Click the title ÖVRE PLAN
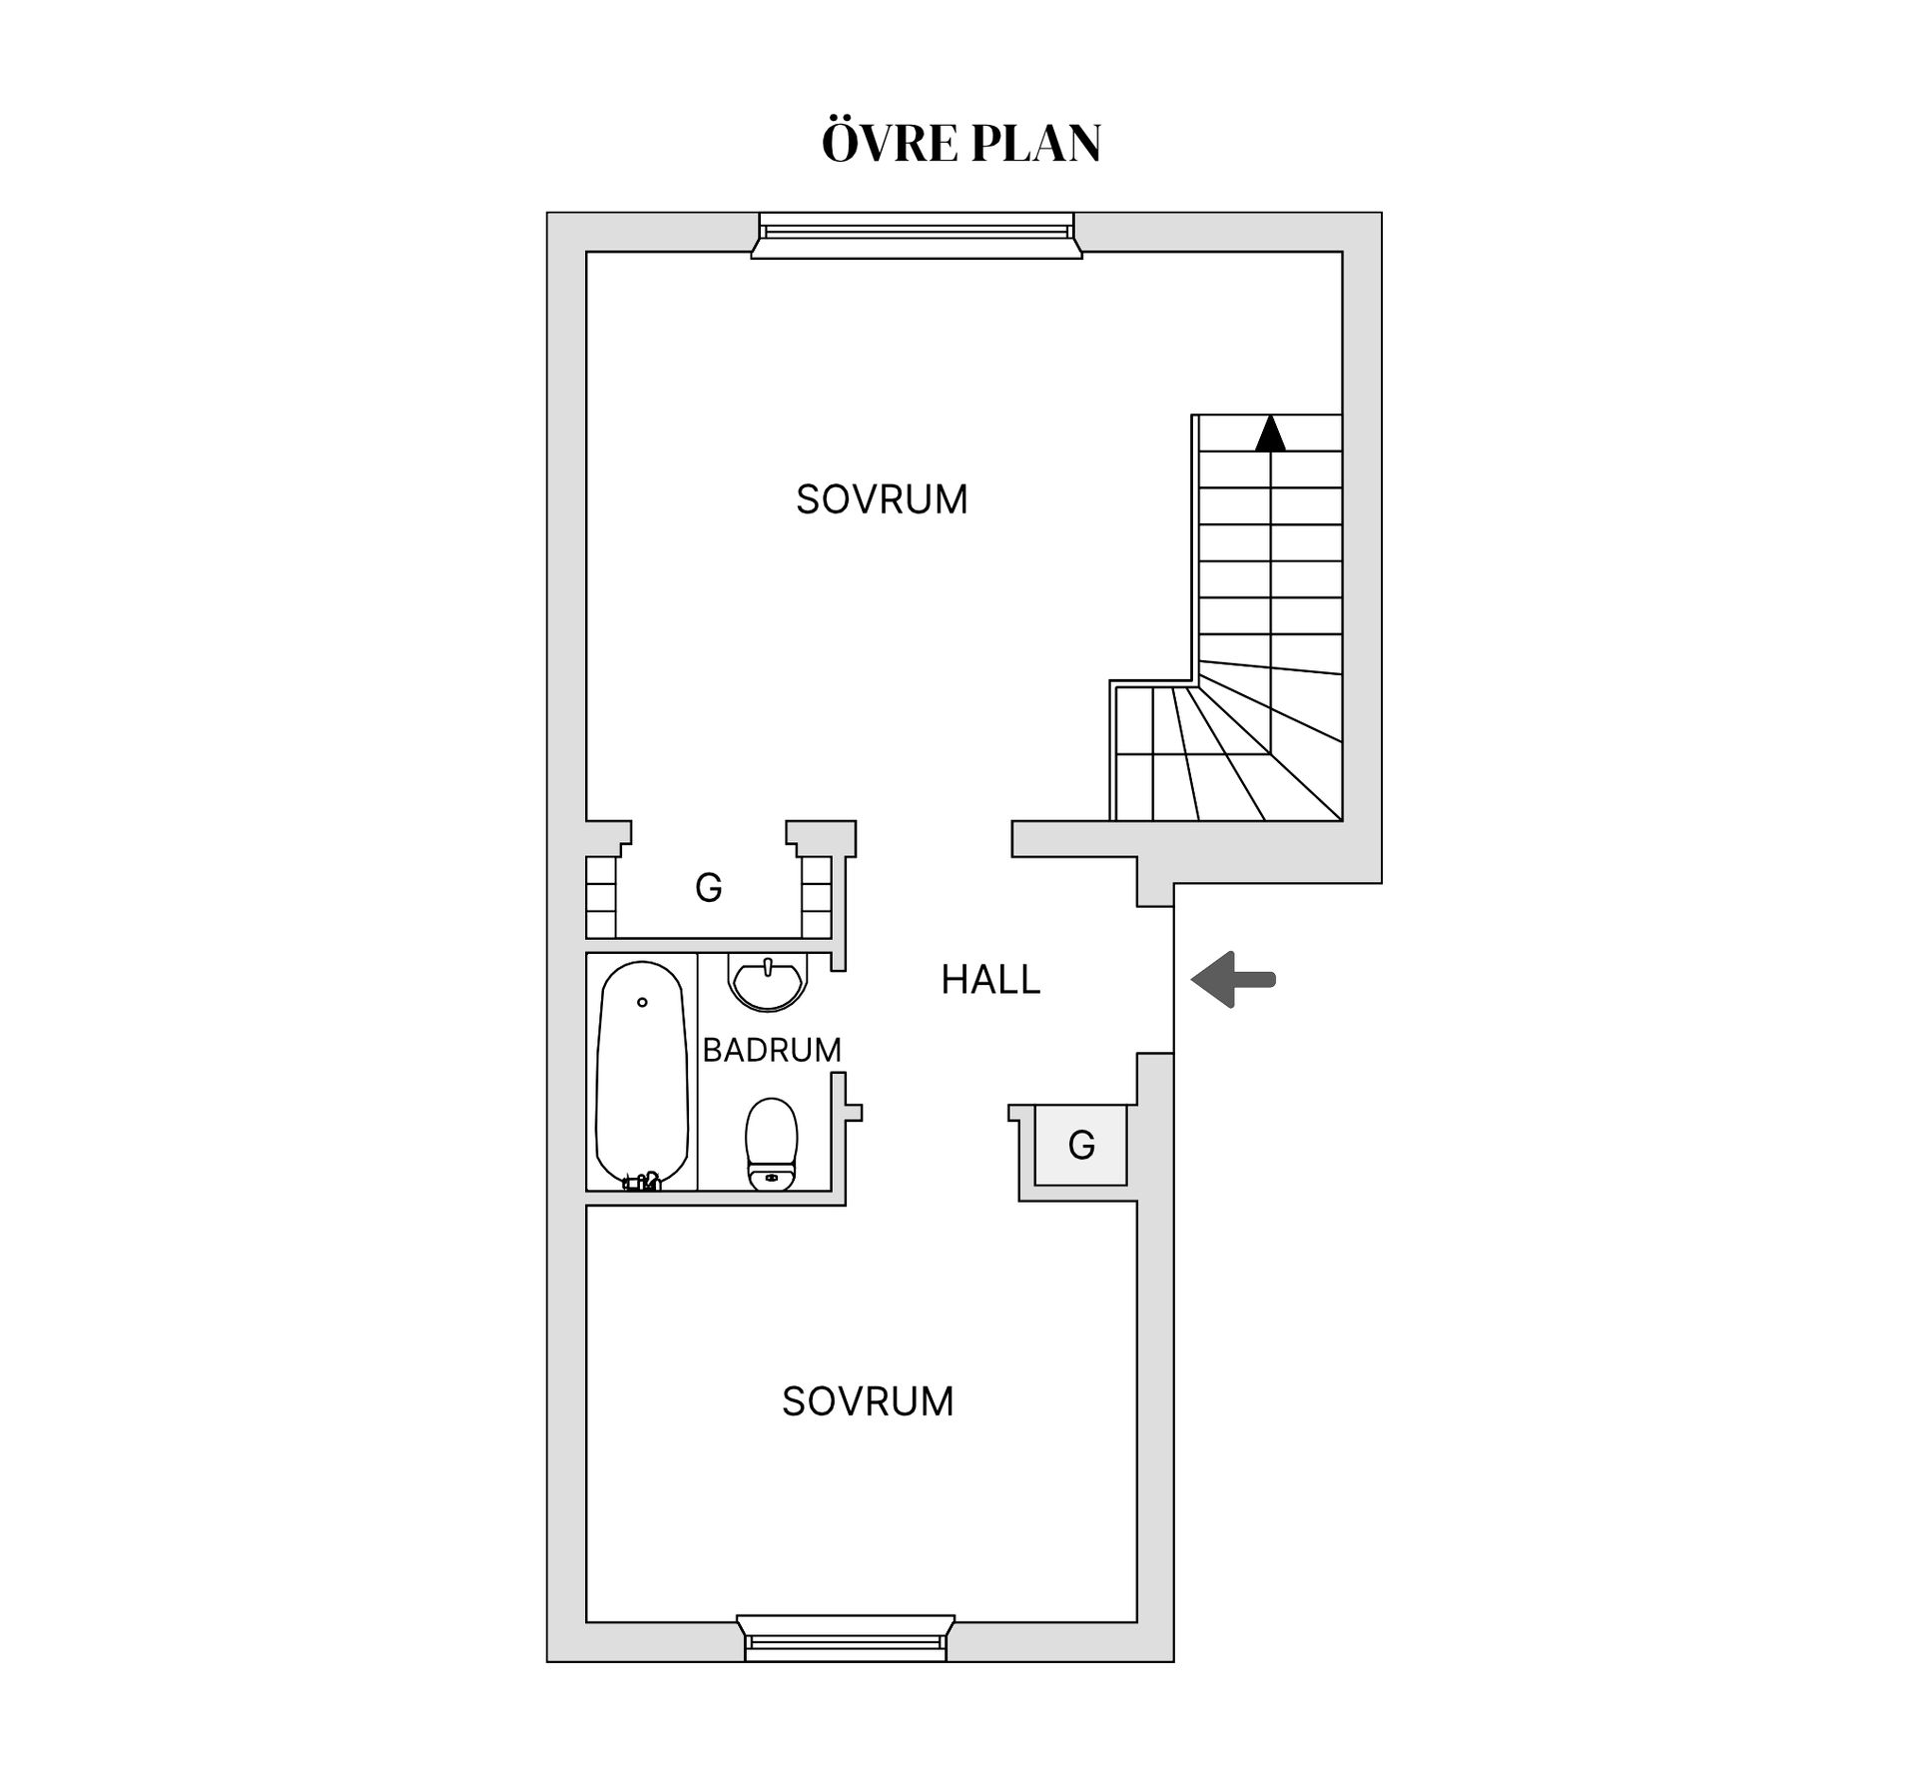[x=960, y=142]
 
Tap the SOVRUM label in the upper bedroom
[x=882, y=499]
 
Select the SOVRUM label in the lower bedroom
[x=868, y=1401]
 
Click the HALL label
[x=990, y=980]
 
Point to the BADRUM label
[x=772, y=1050]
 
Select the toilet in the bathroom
[x=772, y=1145]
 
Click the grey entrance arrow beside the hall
[x=1233, y=980]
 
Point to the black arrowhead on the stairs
[x=1270, y=433]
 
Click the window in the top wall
[x=917, y=235]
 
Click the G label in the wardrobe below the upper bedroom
[x=709, y=887]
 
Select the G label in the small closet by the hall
[x=1081, y=1145]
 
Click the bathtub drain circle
[x=642, y=1002]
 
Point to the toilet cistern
[x=772, y=1179]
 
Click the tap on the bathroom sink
[x=768, y=966]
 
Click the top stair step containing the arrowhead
[x=1270, y=433]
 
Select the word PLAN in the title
[x=1035, y=143]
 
